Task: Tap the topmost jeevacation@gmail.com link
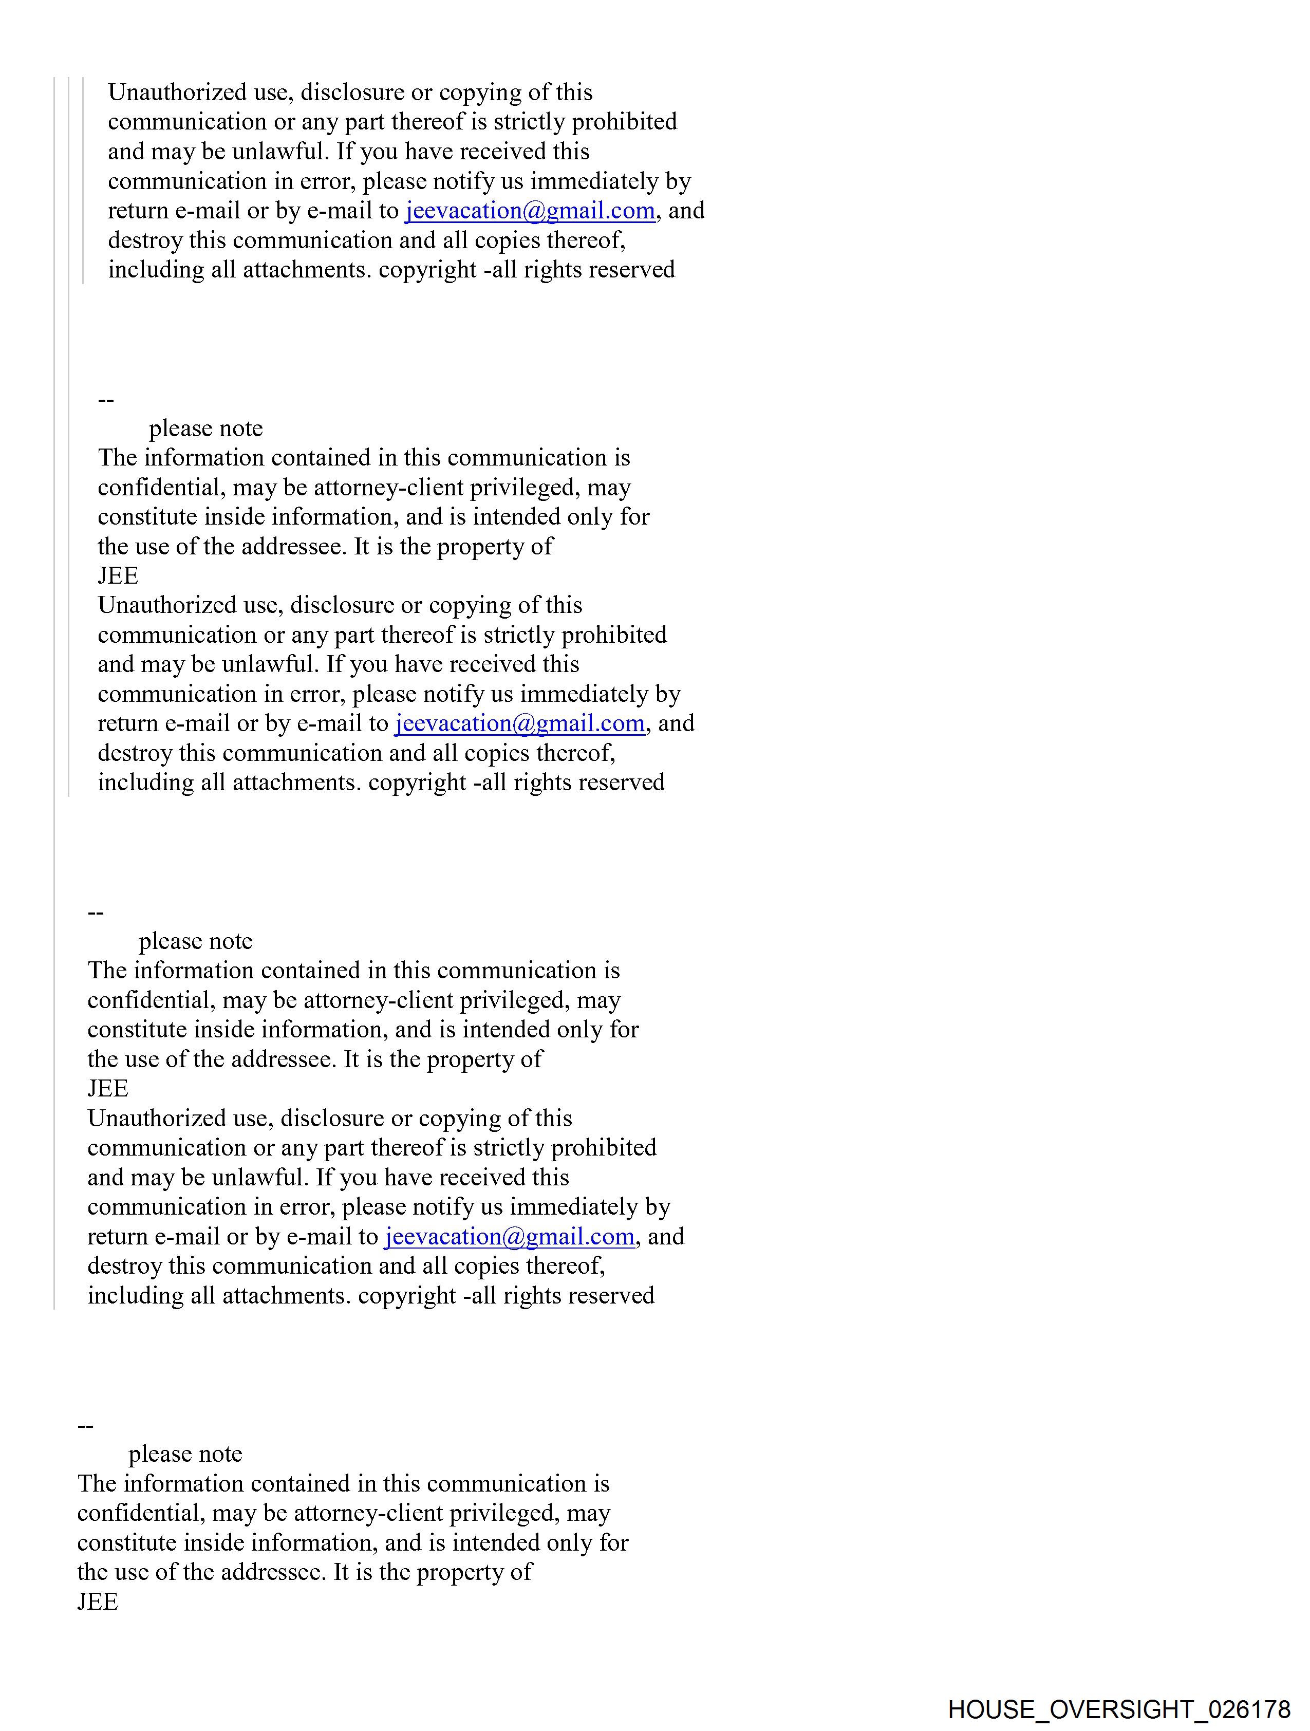tap(530, 211)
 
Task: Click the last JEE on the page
tap(98, 1602)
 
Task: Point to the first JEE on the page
tap(118, 576)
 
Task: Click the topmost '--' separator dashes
tap(106, 400)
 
